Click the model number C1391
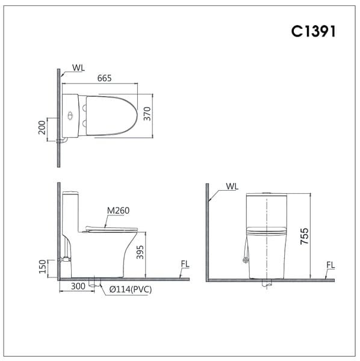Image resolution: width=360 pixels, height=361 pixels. [313, 31]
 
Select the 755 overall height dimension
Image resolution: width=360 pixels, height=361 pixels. [305, 235]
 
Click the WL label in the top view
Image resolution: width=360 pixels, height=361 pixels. [78, 67]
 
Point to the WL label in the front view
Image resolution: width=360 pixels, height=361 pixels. [232, 187]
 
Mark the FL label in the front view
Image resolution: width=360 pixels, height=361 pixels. [331, 264]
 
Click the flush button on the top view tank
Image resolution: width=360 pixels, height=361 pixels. [70, 115]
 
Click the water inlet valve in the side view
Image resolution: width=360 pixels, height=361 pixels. [64, 260]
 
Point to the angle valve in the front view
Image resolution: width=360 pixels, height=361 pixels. [244, 260]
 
